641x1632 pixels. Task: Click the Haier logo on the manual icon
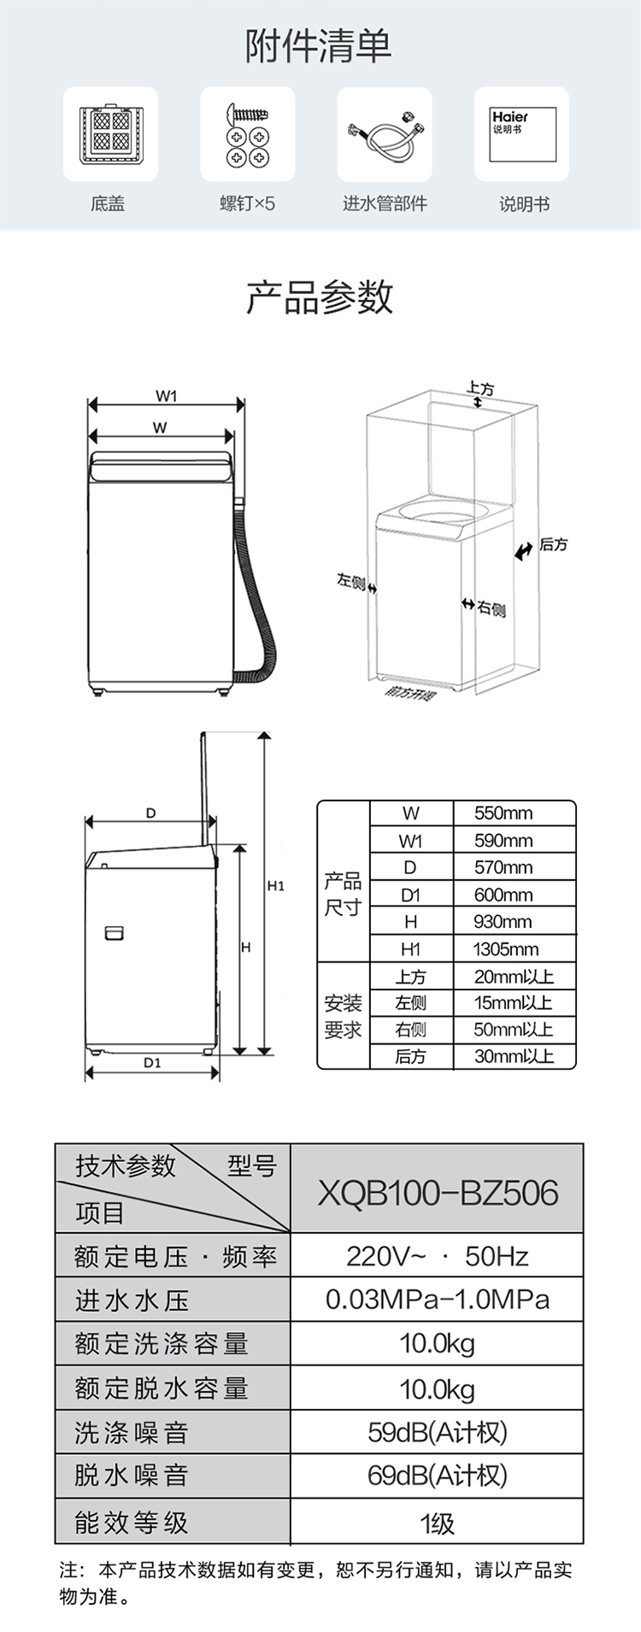pyautogui.click(x=509, y=117)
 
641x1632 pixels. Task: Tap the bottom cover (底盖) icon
pyautogui.click(x=109, y=134)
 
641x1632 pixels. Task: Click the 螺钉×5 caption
pyautogui.click(x=247, y=203)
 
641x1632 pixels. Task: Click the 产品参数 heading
pyautogui.click(x=320, y=296)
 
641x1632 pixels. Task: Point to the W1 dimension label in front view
pyautogui.click(x=166, y=396)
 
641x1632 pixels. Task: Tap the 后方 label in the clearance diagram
pyautogui.click(x=553, y=544)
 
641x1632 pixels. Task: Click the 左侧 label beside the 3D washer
pyautogui.click(x=350, y=582)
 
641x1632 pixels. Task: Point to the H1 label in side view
pyautogui.click(x=275, y=886)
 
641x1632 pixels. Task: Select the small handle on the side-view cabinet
pyautogui.click(x=115, y=932)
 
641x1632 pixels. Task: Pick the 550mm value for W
pyautogui.click(x=503, y=813)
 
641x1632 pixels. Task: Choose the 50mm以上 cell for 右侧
pyautogui.click(x=513, y=1030)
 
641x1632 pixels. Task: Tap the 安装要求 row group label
pyautogui.click(x=343, y=1016)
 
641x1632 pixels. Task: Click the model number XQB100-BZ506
pyautogui.click(x=438, y=1192)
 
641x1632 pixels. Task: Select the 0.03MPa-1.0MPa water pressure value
pyautogui.click(x=438, y=1300)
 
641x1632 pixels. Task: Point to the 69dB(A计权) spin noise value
pyautogui.click(x=438, y=1475)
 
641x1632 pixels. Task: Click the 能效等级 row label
pyautogui.click(x=132, y=1522)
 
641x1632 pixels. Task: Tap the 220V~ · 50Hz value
pyautogui.click(x=438, y=1256)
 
